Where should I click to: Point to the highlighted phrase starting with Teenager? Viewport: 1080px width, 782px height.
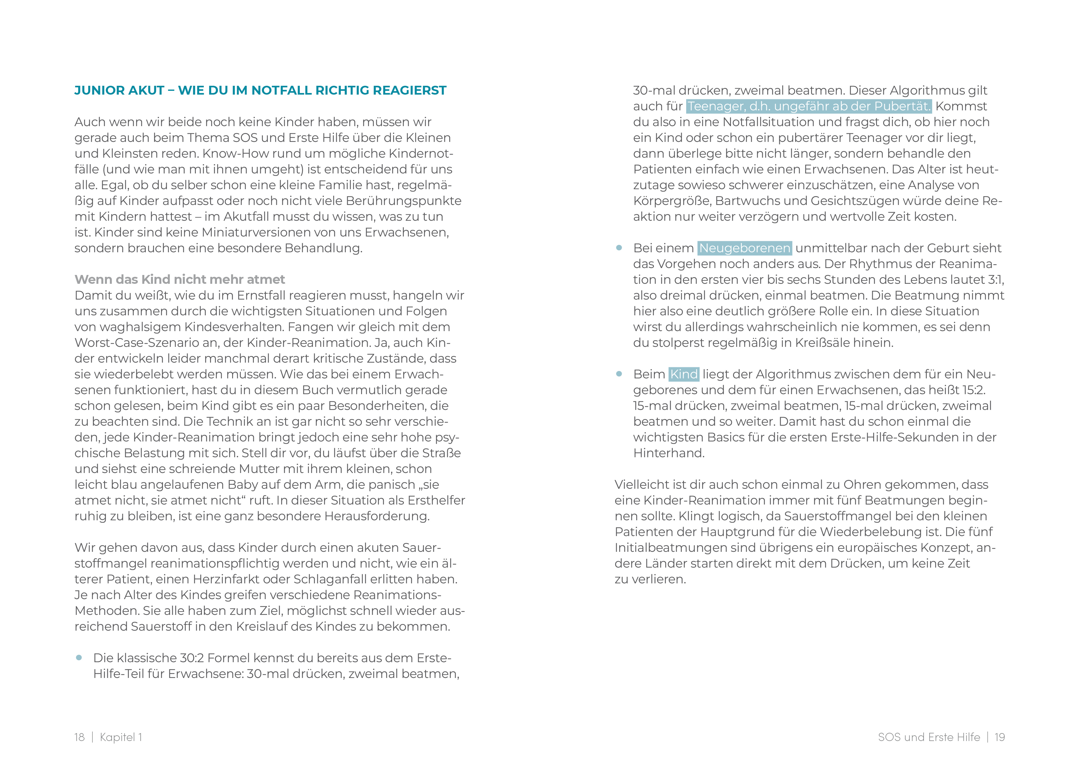click(x=809, y=106)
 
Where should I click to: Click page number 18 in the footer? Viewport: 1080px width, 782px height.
click(x=79, y=737)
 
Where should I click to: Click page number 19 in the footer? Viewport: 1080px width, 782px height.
click(x=1000, y=737)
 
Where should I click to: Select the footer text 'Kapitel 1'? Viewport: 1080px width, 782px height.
click(x=121, y=737)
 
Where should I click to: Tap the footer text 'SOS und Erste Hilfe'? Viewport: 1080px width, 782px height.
click(x=929, y=737)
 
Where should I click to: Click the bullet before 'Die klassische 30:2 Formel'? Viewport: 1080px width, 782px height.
click(x=79, y=658)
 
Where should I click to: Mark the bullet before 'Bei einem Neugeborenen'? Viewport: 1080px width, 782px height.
click(x=619, y=248)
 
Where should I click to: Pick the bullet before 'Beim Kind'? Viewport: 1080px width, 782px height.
click(x=619, y=374)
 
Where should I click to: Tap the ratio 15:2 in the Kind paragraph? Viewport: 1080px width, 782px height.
click(x=973, y=390)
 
